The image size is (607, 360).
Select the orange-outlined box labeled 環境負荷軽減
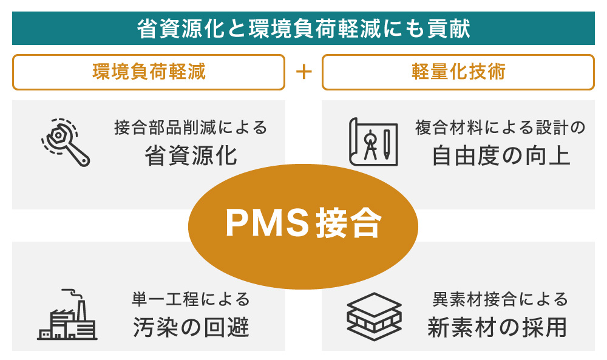149,72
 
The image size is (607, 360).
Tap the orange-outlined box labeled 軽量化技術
458,72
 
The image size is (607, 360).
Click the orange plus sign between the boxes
303,72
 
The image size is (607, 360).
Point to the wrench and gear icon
66,142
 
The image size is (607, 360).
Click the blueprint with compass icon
373,142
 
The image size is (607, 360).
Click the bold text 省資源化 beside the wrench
191,156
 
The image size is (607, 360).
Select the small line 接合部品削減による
191,128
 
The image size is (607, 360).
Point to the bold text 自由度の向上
501,156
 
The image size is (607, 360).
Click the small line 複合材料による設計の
501,128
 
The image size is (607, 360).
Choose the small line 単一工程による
191,299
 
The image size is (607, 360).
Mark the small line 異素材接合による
500,299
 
